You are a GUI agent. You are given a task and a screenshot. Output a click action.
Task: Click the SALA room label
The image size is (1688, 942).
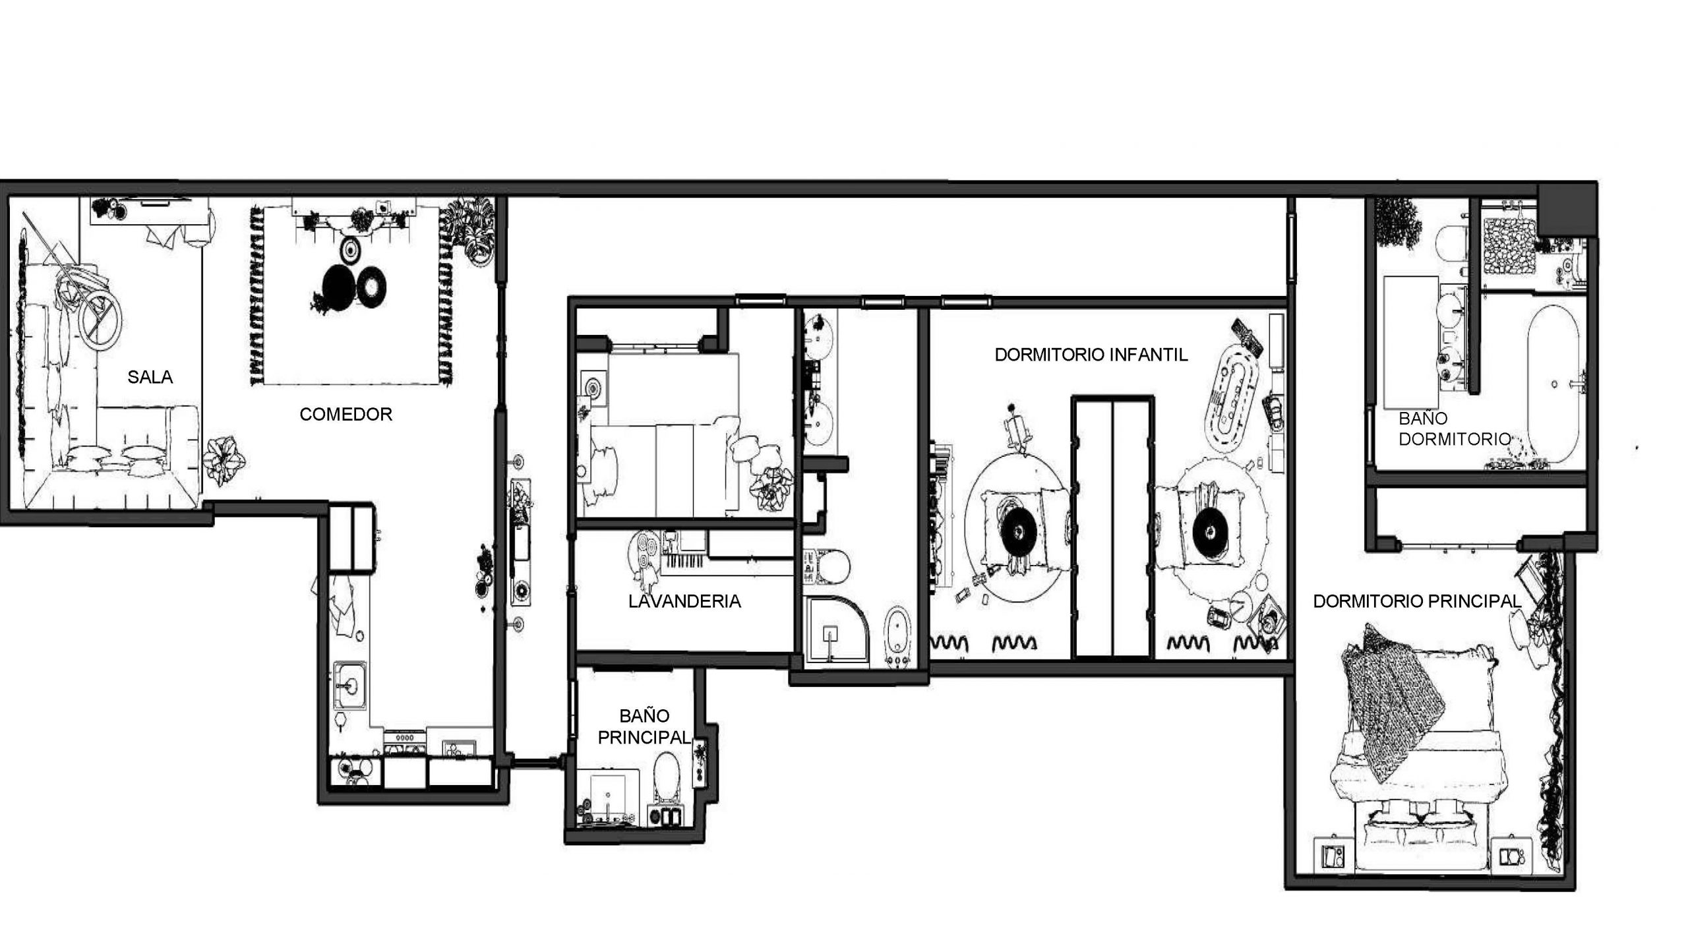point(150,377)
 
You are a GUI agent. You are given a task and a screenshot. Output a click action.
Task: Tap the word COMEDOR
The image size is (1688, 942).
point(346,414)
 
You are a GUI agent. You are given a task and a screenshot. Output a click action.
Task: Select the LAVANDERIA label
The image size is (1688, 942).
point(684,601)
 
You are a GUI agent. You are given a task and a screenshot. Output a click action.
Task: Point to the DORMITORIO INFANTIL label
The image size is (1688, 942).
point(1091,355)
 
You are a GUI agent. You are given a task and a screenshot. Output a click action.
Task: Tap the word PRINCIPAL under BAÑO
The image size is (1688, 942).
point(644,737)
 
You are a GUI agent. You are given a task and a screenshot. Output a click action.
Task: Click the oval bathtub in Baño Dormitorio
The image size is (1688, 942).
point(1553,386)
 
